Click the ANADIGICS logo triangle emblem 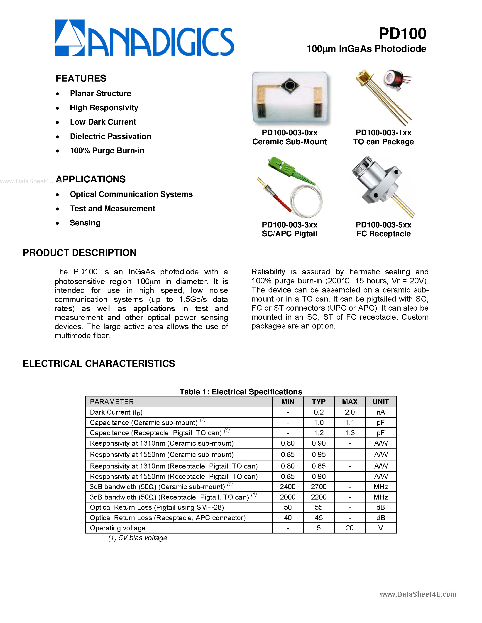point(69,38)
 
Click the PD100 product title point(402,34)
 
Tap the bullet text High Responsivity point(104,108)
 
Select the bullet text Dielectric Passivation point(110,136)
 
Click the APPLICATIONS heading point(91,179)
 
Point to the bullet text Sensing point(85,223)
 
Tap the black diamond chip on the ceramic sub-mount point(290,85)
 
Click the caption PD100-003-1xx point(383,133)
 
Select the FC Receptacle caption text point(383,234)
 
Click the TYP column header point(318,402)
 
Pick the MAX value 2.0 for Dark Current point(350,412)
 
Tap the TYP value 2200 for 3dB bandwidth point(318,497)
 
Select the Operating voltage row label point(117,528)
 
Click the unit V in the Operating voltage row point(380,528)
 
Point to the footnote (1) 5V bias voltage point(137,538)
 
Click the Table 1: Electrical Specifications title point(240,392)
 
